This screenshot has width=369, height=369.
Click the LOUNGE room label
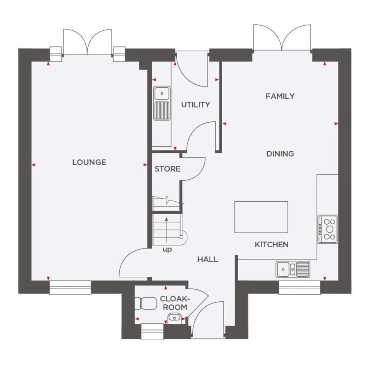click(89, 162)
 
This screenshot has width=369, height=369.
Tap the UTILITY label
click(196, 105)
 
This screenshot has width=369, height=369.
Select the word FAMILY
click(280, 96)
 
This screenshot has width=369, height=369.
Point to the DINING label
click(280, 154)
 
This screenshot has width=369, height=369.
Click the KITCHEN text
click(272, 245)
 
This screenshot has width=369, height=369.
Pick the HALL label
click(207, 260)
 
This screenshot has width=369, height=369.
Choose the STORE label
click(167, 169)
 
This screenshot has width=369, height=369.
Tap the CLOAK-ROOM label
click(173, 303)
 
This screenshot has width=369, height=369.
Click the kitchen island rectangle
click(261, 217)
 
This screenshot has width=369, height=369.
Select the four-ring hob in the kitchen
click(328, 229)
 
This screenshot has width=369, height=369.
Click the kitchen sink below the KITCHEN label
click(293, 269)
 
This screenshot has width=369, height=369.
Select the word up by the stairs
click(167, 250)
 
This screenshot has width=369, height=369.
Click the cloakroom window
click(152, 331)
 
